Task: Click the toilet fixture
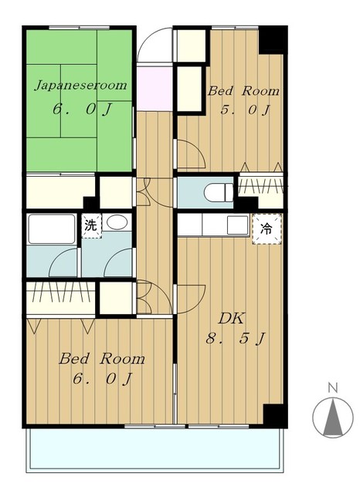click(219, 192)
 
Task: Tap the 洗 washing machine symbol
click(91, 225)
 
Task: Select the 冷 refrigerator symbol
click(267, 229)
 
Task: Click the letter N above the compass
click(332, 387)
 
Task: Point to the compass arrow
click(333, 417)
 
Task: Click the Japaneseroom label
click(80, 86)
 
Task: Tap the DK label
click(231, 319)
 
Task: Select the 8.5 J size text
click(236, 339)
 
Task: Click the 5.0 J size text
click(245, 110)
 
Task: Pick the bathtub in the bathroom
click(52, 229)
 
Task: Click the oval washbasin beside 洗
click(117, 222)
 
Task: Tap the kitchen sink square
click(238, 225)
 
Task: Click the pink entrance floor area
click(155, 89)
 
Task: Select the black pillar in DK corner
click(275, 415)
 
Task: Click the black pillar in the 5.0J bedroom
click(273, 39)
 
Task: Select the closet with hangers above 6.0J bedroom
click(60, 298)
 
